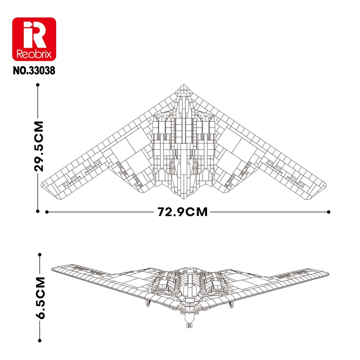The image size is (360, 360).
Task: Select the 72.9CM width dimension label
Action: point(182,212)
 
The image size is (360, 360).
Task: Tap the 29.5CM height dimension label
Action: point(40,146)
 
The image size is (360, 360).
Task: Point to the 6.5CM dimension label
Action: point(40,298)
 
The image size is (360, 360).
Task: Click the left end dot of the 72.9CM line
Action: point(46,211)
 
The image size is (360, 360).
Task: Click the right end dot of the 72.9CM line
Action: point(329,211)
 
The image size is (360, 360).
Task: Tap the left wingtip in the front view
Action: point(53,269)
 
